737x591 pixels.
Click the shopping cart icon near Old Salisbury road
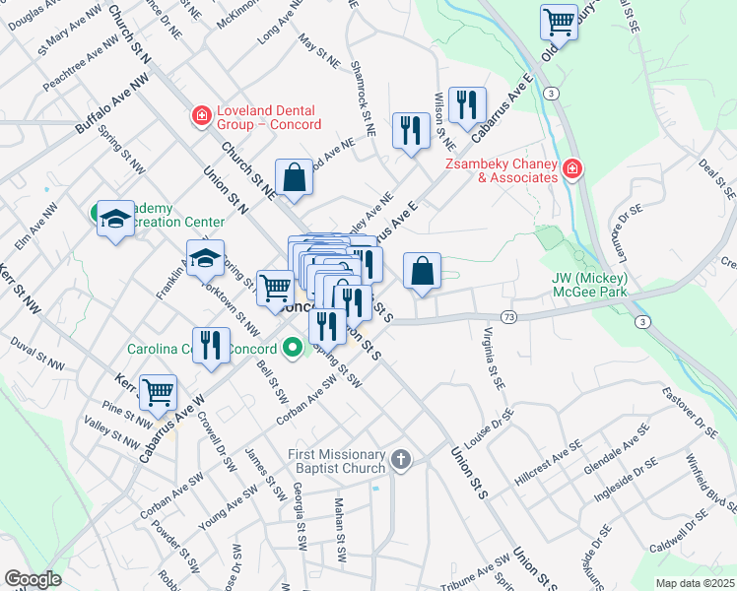(x=559, y=21)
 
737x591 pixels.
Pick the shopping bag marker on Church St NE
(x=294, y=178)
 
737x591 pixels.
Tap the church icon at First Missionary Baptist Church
(x=400, y=460)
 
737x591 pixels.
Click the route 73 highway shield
(x=508, y=316)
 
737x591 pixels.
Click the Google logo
(x=33, y=579)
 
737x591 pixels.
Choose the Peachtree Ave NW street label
(x=81, y=63)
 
